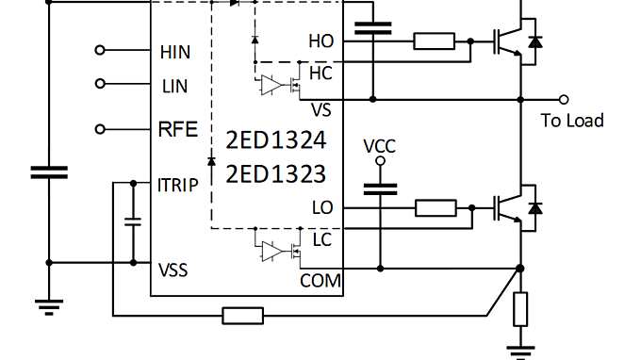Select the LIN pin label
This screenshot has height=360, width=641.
click(175, 86)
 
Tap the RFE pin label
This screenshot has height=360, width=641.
click(178, 129)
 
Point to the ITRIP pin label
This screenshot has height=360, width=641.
click(179, 185)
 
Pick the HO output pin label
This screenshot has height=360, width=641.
click(320, 41)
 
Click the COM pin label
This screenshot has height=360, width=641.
click(320, 280)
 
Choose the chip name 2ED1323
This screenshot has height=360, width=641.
click(276, 174)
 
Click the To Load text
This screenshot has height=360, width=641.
click(572, 121)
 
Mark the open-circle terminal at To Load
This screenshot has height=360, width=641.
click(564, 99)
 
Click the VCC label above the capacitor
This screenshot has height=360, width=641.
click(381, 148)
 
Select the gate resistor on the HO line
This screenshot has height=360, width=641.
click(435, 41)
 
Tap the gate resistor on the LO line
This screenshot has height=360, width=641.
click(435, 207)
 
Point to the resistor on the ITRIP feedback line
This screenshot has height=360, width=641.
click(242, 316)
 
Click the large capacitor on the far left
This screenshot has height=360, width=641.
click(49, 172)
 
